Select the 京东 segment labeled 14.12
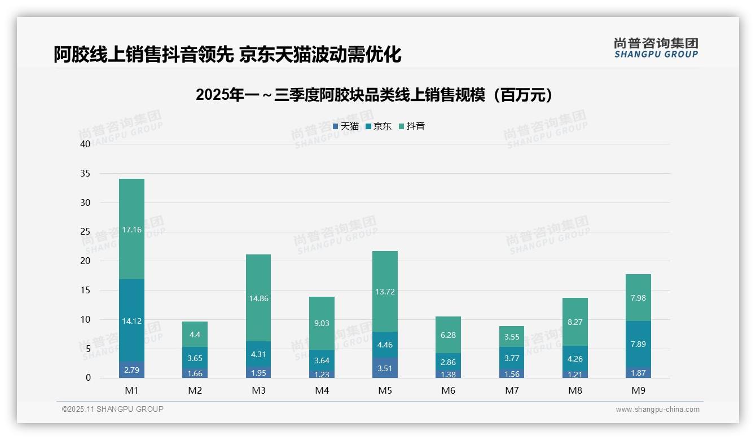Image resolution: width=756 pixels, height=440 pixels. tap(131, 321)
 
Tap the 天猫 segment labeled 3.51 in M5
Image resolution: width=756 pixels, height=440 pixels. tap(385, 369)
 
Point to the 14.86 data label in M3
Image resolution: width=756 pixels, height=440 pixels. tap(258, 298)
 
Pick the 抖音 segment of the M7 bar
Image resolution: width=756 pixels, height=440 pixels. tap(512, 337)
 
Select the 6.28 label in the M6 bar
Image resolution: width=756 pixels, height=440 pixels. tap(448, 335)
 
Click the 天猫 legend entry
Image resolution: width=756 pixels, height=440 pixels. tap(346, 126)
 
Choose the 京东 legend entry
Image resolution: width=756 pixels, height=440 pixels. tap(379, 126)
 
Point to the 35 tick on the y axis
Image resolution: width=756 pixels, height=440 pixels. tap(85, 173)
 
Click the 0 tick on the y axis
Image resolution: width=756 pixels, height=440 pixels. tap(88, 378)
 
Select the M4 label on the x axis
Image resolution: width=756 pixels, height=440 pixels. tap(322, 390)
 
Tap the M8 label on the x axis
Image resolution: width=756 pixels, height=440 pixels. tap(575, 390)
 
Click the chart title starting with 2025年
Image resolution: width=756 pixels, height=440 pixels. tap(374, 95)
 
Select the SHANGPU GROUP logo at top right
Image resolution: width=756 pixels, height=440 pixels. tap(656, 48)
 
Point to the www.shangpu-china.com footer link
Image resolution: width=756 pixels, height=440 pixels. tap(657, 410)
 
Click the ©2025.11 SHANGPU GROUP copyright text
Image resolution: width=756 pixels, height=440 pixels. tap(113, 409)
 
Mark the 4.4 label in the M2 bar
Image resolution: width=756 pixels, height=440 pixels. tap(195, 335)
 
